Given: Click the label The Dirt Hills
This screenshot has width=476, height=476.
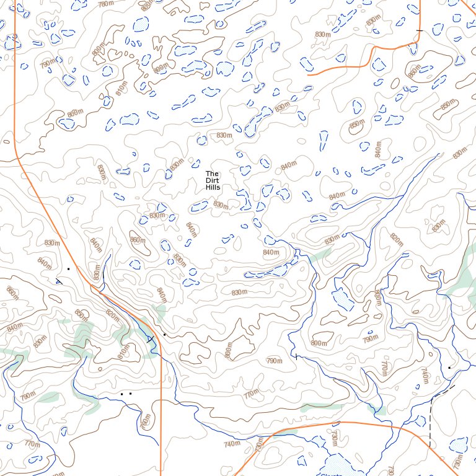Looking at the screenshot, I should click(x=213, y=180).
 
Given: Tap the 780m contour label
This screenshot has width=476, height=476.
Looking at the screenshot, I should click(x=106, y=4).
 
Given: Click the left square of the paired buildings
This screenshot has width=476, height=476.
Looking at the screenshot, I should click(x=122, y=394).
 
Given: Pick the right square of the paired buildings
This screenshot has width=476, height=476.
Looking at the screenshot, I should click(x=130, y=394).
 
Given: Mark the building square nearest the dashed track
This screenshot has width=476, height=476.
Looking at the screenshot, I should click(x=449, y=368).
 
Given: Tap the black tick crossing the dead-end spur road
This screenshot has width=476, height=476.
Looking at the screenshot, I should click(x=419, y=30).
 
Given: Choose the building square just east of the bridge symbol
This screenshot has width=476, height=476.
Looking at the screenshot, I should click(x=164, y=335).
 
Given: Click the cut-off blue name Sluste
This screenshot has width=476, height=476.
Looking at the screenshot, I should click(x=332, y=474).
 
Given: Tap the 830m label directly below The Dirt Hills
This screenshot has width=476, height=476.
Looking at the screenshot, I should click(x=220, y=204).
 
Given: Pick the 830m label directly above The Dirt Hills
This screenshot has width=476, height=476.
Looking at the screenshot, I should click(x=224, y=135).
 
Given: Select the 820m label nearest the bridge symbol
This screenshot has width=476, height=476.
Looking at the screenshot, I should click(x=112, y=315).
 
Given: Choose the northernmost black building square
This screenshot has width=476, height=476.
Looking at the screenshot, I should click(x=68, y=269).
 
